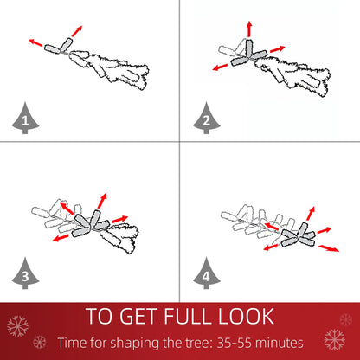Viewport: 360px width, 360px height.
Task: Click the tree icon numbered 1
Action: point(25,121)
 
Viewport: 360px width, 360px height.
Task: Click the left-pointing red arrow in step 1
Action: point(35,41)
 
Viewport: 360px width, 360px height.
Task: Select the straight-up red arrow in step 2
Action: point(249,28)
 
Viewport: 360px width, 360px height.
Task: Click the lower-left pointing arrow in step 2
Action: point(219,67)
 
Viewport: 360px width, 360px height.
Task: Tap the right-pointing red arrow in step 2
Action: point(277,48)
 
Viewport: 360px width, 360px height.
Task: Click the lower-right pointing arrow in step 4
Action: point(328,248)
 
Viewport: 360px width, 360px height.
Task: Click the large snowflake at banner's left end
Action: point(17,326)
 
